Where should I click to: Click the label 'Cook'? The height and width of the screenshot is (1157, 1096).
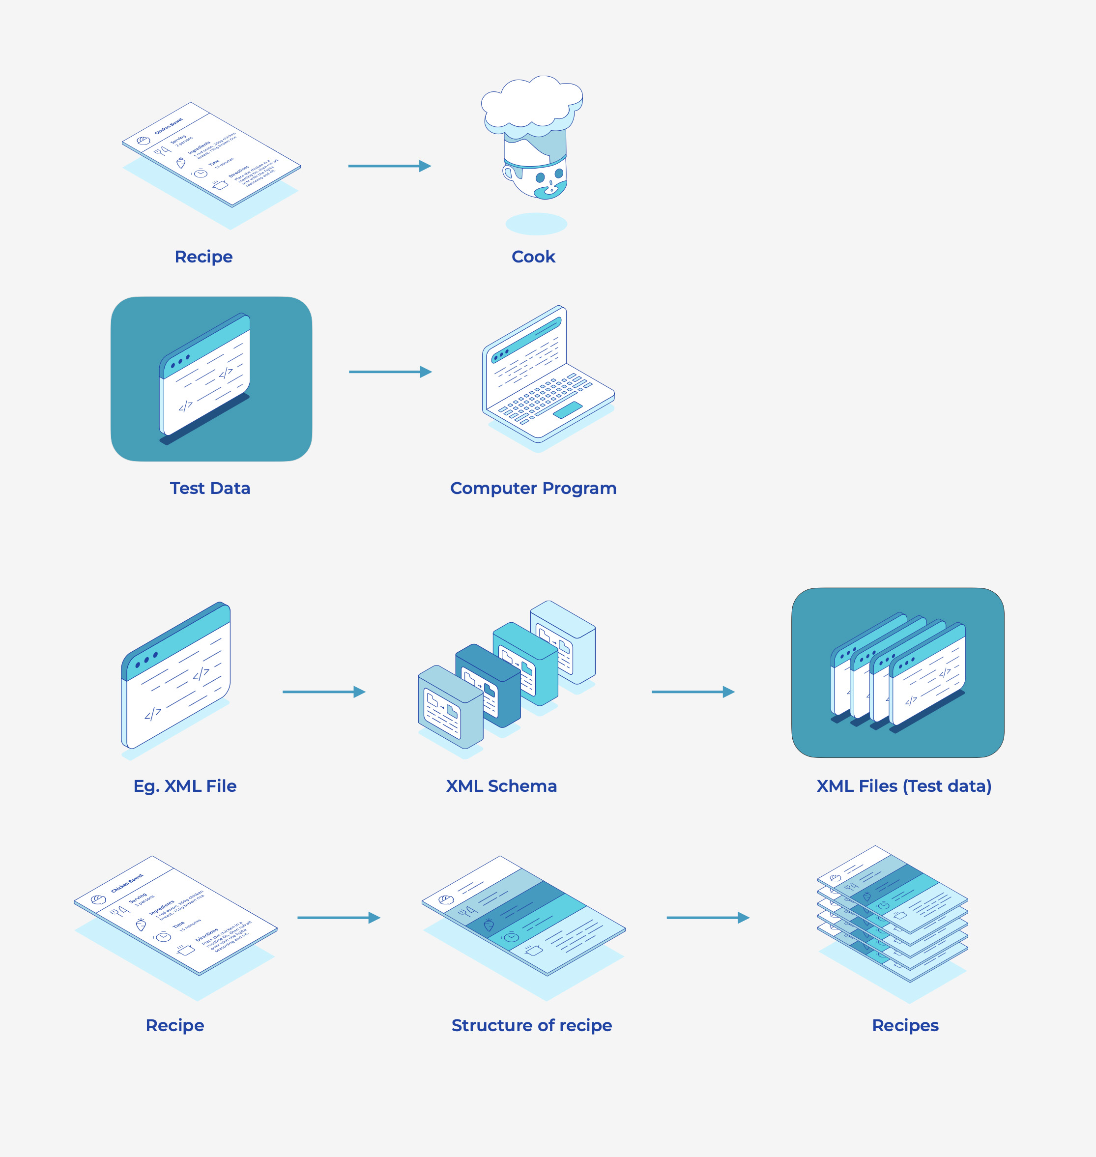[533, 257]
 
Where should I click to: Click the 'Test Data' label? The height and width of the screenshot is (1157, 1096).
[210, 488]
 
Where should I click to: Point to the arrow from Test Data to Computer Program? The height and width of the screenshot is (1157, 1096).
[390, 372]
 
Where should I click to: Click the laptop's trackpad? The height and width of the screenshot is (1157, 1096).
[567, 409]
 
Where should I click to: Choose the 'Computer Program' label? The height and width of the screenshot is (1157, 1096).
[533, 488]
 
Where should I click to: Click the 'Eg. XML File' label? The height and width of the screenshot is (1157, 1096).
[185, 786]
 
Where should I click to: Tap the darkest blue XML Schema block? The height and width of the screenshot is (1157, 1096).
[487, 684]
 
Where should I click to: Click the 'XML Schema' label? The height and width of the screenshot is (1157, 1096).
[501, 786]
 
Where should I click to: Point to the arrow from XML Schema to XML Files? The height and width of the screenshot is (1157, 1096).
[693, 692]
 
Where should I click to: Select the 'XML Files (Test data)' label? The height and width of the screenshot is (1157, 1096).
[903, 786]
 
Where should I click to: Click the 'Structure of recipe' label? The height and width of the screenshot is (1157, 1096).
[532, 1025]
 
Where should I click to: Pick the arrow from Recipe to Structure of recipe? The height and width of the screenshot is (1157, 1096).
[338, 918]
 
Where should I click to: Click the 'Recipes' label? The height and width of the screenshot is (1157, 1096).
[905, 1025]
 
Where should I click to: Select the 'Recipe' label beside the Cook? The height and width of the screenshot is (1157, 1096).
[203, 257]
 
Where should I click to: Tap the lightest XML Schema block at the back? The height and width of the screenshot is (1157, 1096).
[563, 640]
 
